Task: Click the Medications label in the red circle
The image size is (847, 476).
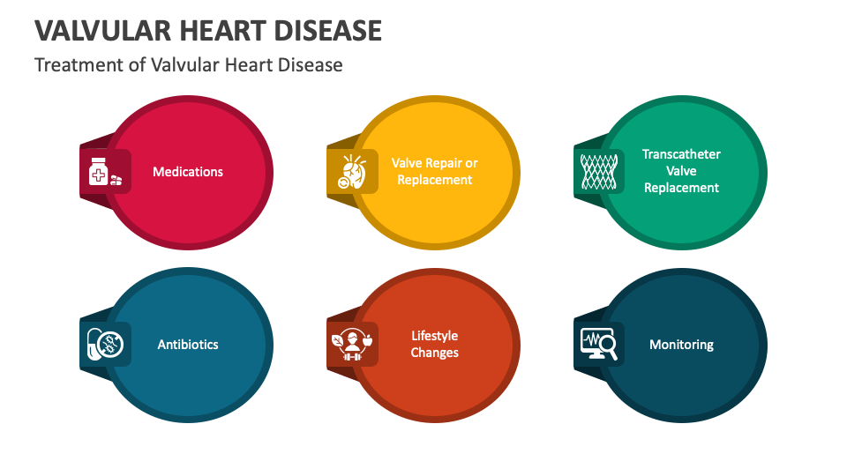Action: (188, 172)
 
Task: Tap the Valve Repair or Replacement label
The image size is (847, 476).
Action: (435, 172)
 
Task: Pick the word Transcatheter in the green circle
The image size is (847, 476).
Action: (681, 154)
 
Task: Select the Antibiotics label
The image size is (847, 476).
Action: (188, 345)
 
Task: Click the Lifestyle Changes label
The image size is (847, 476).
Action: (435, 345)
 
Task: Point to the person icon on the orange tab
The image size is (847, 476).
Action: (352, 345)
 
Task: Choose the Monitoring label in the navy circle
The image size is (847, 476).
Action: (681, 345)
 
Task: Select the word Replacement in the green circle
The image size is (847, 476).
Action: (681, 188)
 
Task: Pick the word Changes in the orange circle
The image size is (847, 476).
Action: (435, 353)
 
